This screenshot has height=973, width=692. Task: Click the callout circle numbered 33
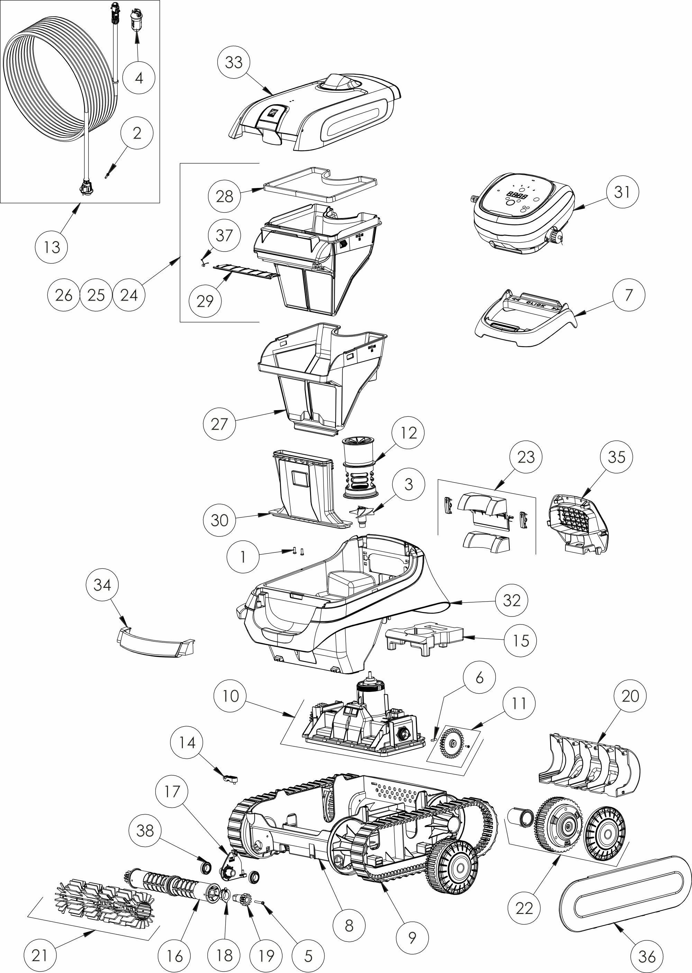click(234, 62)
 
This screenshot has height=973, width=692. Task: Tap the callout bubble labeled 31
click(622, 192)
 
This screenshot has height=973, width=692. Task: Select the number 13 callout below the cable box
click(52, 247)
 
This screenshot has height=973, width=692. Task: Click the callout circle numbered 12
click(408, 433)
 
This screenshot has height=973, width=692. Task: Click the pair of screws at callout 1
click(297, 552)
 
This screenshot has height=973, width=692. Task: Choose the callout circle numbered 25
click(96, 295)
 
